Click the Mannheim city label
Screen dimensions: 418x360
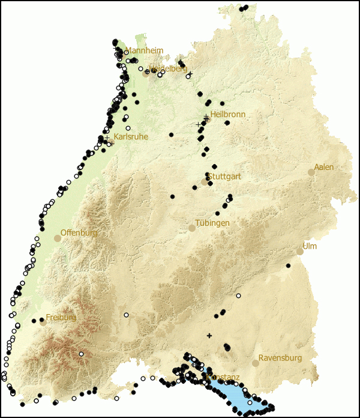(143, 50)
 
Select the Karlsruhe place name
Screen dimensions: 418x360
(130, 137)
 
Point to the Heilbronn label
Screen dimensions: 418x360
(228, 114)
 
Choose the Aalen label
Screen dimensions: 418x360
(324, 167)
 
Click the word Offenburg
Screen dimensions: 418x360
(79, 232)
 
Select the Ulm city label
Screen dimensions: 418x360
(310, 246)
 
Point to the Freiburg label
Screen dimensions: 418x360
(61, 317)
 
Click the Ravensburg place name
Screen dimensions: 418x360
(280, 358)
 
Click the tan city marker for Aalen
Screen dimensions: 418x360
(311, 172)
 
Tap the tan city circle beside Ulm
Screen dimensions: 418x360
(300, 251)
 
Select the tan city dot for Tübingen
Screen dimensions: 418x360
(192, 228)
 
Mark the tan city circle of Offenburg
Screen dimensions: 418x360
(58, 238)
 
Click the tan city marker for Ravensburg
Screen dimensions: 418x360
(256, 363)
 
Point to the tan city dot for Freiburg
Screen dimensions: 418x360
(43, 322)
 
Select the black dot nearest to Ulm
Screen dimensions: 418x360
(288, 265)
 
